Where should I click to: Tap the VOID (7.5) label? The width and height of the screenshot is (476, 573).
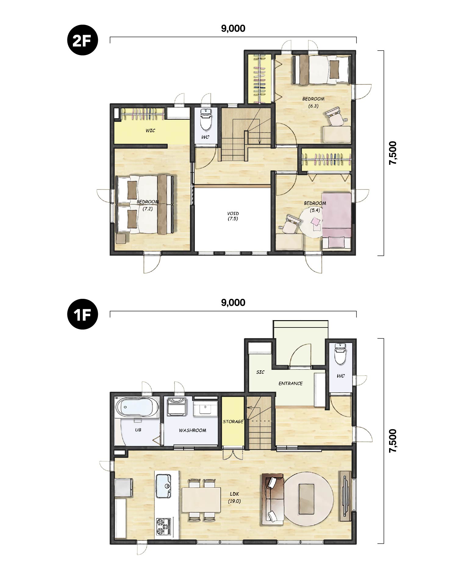(233, 216)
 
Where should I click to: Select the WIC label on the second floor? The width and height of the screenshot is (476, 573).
(150, 131)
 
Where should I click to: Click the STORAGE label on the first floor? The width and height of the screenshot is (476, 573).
(233, 422)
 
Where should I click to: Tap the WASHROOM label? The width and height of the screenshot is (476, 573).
(192, 430)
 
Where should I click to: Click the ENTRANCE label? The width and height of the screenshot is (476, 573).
(290, 384)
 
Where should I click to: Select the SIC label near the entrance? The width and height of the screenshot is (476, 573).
(260, 372)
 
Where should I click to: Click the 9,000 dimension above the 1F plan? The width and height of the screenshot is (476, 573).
(233, 302)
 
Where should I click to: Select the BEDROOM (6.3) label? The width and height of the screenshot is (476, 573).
(313, 102)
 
